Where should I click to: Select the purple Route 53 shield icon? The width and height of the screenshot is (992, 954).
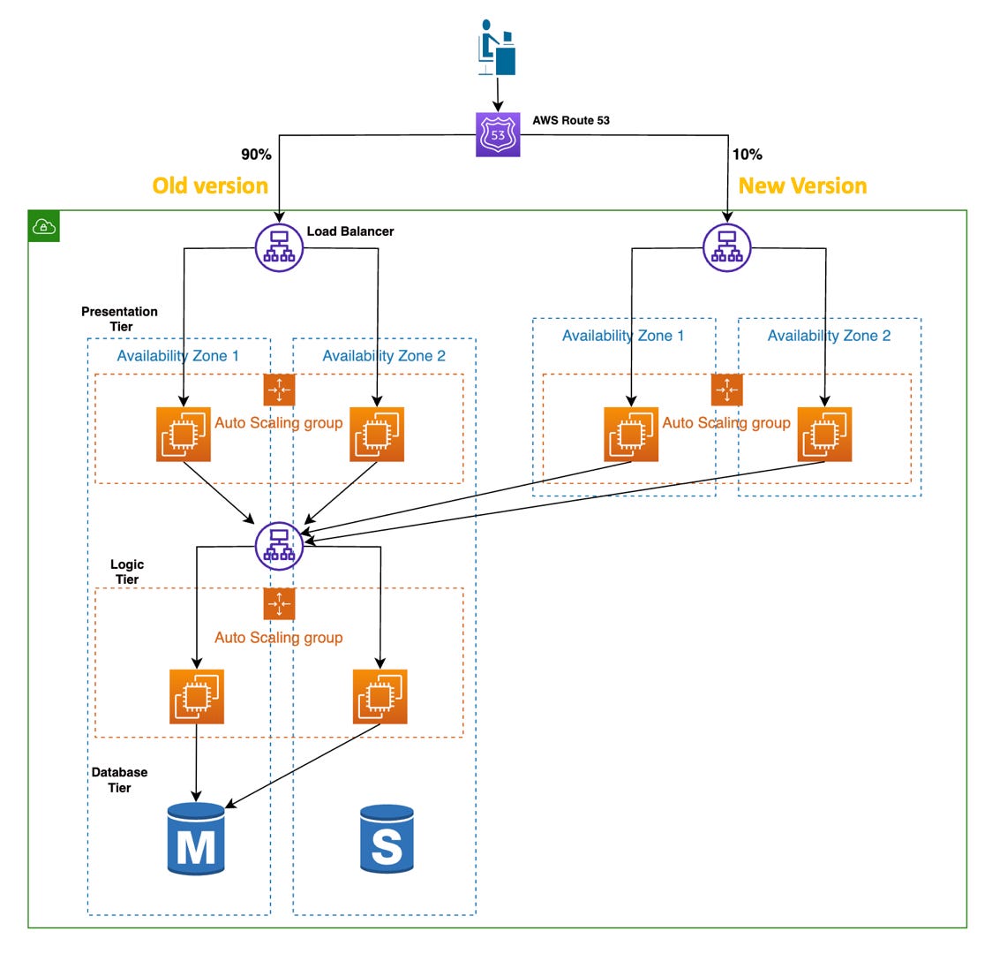pos(498,134)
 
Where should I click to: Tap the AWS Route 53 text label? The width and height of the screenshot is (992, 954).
pos(571,120)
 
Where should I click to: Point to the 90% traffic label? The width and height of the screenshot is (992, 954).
pos(256,155)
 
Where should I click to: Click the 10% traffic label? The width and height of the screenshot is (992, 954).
pos(747,155)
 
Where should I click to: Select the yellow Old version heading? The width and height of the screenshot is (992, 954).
pos(210,185)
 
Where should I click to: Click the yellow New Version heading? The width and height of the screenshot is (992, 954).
pos(802,185)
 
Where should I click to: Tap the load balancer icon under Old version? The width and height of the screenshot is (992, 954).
pos(279,248)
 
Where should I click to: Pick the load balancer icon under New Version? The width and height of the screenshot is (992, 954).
pos(726,248)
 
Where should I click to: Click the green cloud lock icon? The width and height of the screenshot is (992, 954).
pos(44,226)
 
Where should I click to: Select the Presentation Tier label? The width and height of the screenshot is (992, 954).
pos(120,319)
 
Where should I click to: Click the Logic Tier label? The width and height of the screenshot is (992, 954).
pos(127,572)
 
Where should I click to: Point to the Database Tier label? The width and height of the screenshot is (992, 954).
pos(120,780)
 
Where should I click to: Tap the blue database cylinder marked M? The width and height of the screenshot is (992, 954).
pos(196,839)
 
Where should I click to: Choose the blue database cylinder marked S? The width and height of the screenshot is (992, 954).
pos(387,839)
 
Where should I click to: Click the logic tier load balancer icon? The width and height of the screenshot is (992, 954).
pos(279,546)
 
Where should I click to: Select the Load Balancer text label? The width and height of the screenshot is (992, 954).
pos(350,231)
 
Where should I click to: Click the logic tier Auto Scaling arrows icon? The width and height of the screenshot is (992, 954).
pos(279,604)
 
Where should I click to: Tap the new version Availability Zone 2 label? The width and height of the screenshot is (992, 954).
pos(829,336)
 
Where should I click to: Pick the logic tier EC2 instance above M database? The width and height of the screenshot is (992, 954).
pos(197,697)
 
